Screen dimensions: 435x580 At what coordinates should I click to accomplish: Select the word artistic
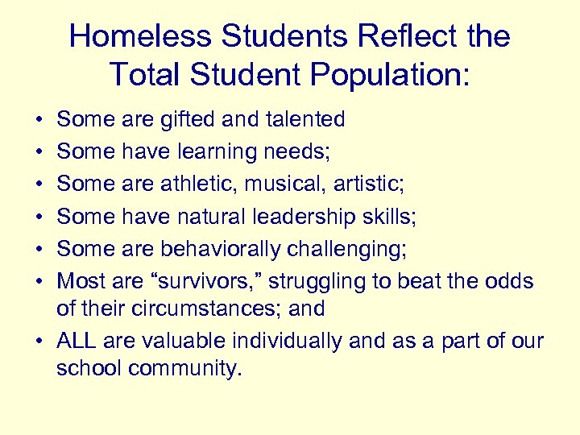(368, 184)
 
